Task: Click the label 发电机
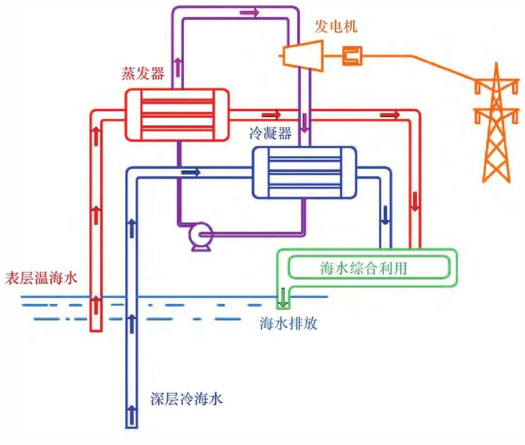335,26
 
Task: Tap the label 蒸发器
142,73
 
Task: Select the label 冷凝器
270,133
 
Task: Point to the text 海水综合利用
363,268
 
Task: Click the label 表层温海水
41,278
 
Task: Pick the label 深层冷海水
187,398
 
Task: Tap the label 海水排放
288,323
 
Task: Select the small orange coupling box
352,56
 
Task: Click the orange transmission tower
496,124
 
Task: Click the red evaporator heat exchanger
177,114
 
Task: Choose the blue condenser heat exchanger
304,173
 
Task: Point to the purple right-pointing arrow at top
250,13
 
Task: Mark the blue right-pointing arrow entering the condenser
190,173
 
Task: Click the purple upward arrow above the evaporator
178,67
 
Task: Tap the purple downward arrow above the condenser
304,122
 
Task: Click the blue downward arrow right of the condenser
385,215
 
